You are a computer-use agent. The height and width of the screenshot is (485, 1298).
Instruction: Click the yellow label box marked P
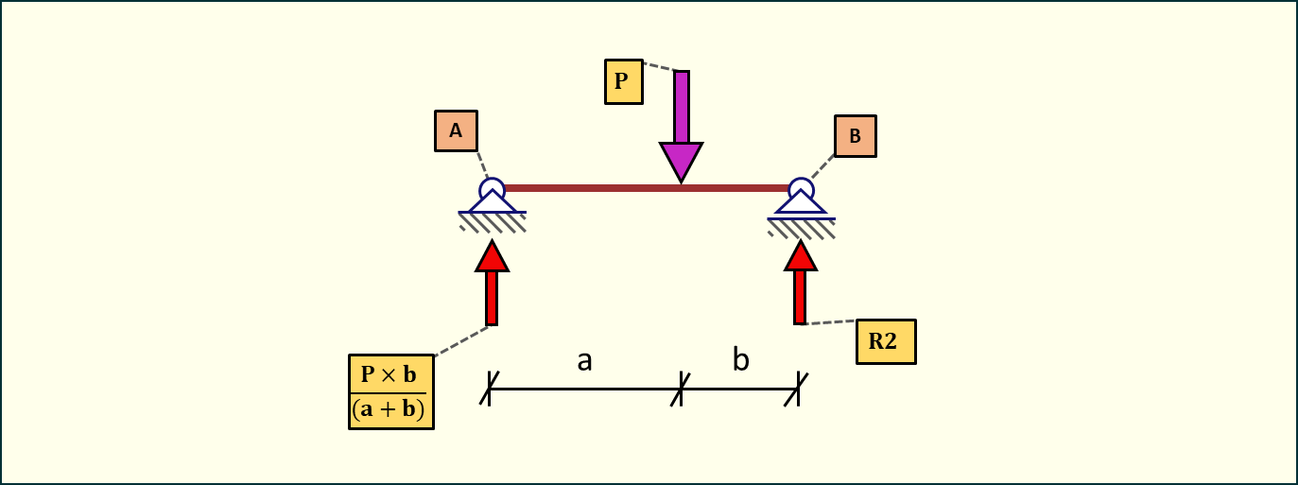click(623, 81)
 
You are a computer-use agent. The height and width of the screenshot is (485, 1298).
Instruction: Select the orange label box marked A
click(456, 131)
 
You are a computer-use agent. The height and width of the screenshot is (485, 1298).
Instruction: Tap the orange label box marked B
click(855, 136)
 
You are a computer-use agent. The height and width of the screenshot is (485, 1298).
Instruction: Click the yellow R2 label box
click(886, 341)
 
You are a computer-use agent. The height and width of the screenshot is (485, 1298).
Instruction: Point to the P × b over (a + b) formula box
click(391, 391)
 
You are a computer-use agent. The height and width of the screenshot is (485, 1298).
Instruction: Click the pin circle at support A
click(492, 188)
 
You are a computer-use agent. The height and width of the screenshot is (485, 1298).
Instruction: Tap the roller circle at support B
click(801, 188)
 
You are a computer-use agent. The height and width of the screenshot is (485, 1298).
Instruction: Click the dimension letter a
click(585, 360)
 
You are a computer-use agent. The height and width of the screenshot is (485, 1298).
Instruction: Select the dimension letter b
click(741, 360)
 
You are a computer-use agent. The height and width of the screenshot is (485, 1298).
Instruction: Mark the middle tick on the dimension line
click(681, 389)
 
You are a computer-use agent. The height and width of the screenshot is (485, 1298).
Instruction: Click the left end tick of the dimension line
click(489, 389)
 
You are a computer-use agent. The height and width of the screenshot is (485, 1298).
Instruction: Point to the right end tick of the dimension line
click(798, 389)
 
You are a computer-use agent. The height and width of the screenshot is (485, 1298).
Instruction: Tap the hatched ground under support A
click(493, 222)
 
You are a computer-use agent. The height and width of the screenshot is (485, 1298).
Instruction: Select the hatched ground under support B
click(802, 228)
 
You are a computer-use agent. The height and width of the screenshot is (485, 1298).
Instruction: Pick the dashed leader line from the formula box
click(460, 341)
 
